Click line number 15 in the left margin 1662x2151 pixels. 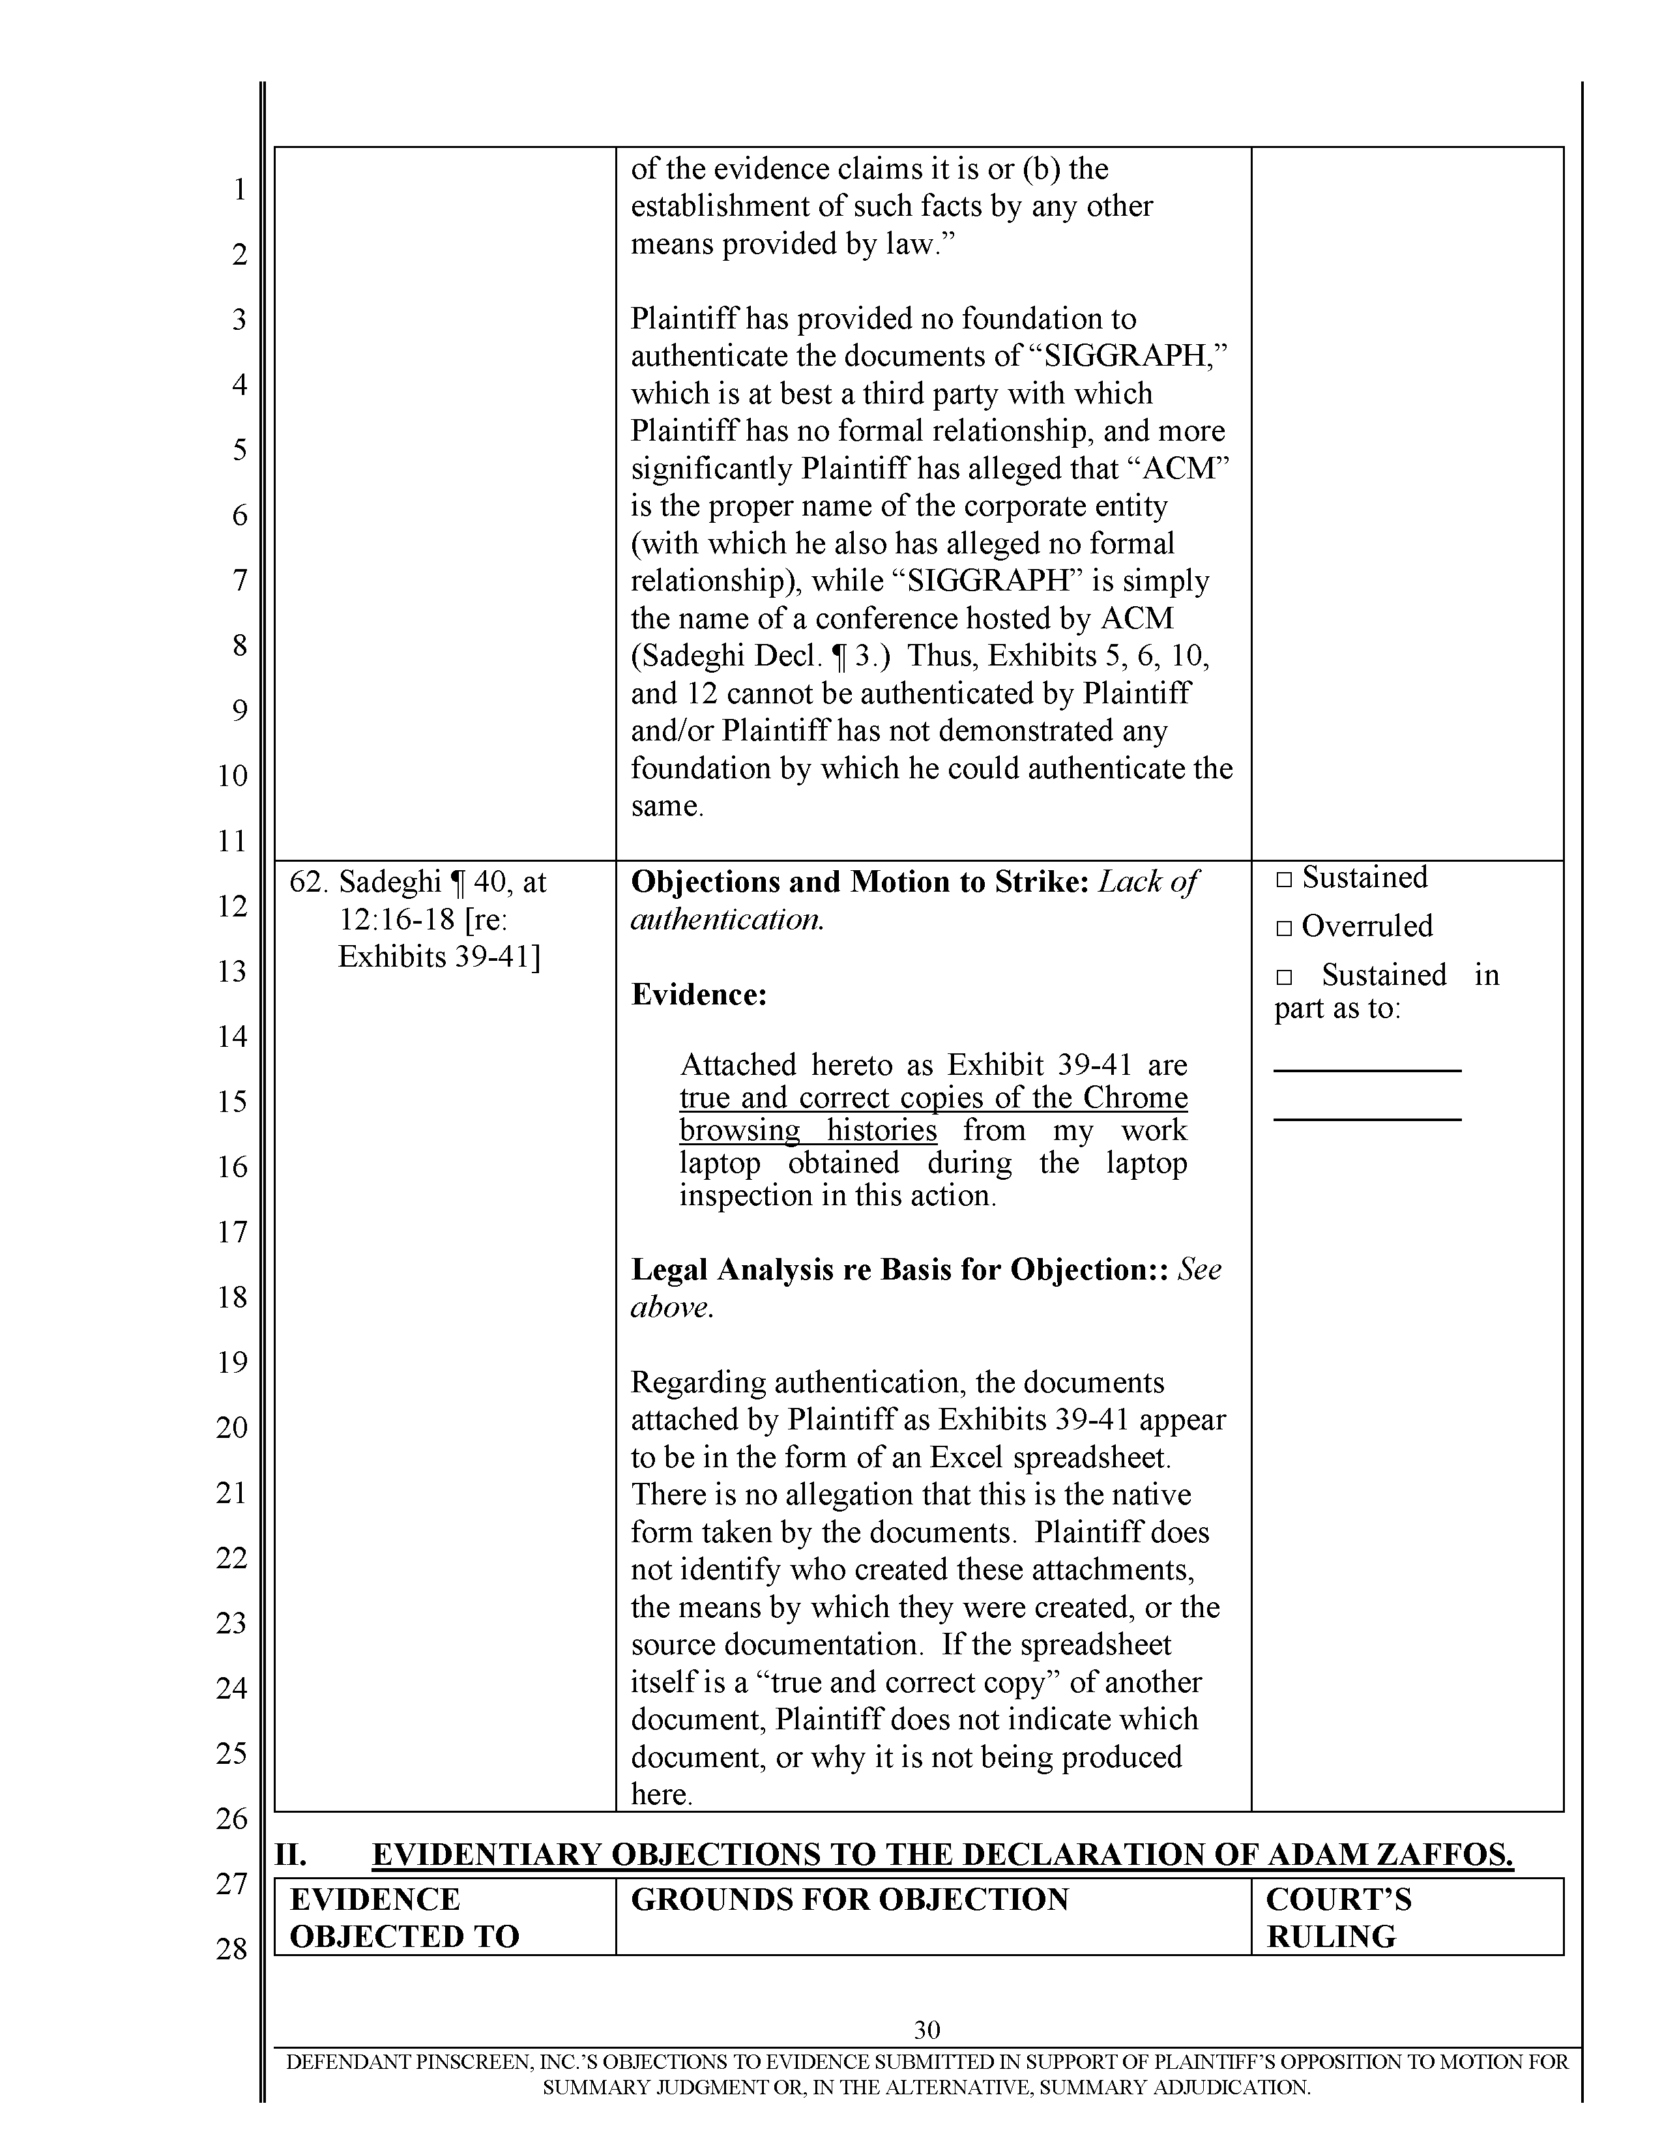coord(233,1101)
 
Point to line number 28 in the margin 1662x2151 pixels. coord(233,1948)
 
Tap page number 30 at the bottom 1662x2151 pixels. coord(927,2029)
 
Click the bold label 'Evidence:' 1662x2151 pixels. coord(698,994)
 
